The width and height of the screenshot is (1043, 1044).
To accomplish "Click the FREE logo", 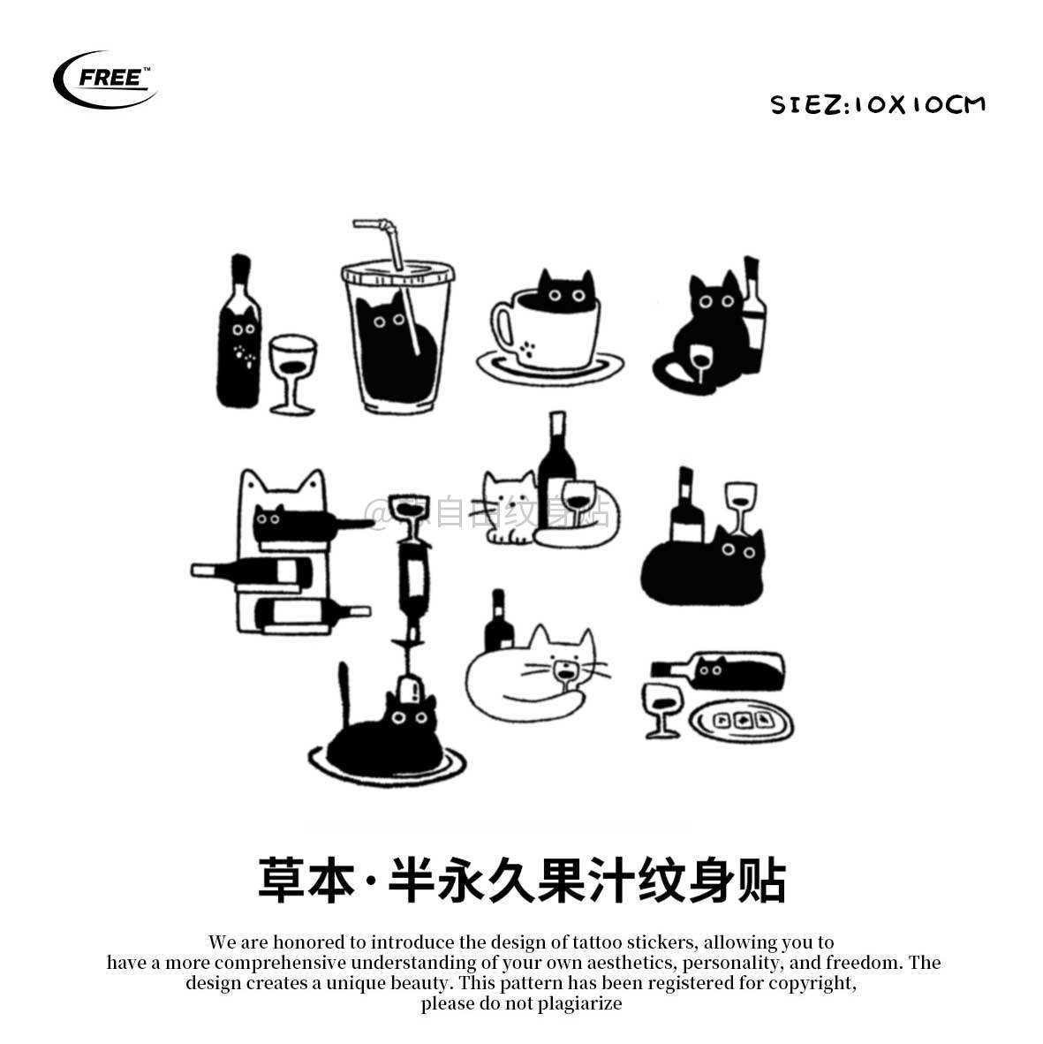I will coord(105,79).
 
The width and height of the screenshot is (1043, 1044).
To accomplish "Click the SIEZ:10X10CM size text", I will coord(877,105).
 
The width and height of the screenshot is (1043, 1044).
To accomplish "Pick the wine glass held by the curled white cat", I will coord(563,677).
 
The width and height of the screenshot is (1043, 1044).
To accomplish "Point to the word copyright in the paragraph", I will coord(810,982).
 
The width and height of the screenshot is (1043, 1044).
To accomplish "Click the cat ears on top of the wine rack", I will coord(280,484).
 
